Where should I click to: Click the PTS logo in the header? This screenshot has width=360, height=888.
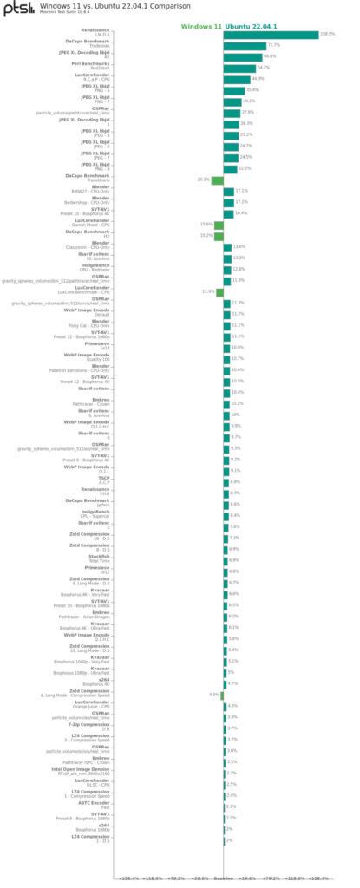16,9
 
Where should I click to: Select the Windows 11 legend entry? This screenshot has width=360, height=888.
201,27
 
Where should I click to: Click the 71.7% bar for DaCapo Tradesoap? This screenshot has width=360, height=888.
245,45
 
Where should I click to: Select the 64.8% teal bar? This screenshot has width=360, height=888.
242,56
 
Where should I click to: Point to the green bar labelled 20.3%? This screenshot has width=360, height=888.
217,180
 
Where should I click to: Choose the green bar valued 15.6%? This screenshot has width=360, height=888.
219,225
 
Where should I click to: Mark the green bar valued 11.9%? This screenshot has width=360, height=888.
219,292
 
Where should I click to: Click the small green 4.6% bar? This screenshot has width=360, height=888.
222,695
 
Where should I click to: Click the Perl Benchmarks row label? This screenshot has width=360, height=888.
90,65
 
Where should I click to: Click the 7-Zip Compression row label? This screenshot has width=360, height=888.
90,726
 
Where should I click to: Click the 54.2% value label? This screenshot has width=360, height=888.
264,68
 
